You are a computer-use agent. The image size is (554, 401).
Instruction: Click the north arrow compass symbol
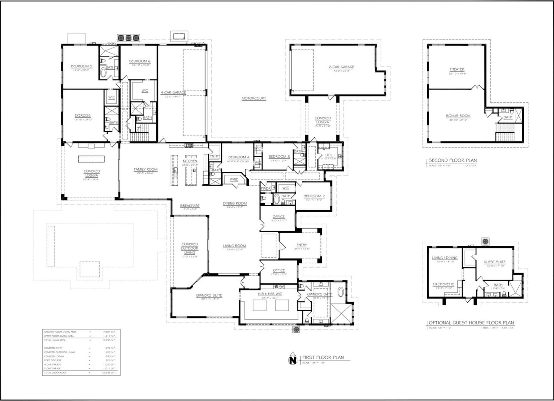pyautogui.click(x=293, y=359)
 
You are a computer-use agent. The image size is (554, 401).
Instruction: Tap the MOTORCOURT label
pyautogui.click(x=254, y=98)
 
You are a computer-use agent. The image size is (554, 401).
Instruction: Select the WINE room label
pyautogui.click(x=234, y=179)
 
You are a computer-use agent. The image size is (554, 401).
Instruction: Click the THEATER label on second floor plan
pyautogui.click(x=457, y=69)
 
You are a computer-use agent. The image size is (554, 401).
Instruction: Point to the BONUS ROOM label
pyautogui.click(x=458, y=116)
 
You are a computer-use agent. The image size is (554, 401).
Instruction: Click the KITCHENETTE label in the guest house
pyautogui.click(x=443, y=284)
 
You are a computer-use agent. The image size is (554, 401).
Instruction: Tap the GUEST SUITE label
pyautogui.click(x=495, y=262)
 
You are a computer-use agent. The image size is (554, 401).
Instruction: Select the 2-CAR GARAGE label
pyautogui.click(x=341, y=67)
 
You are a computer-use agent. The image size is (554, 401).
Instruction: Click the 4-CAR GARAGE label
pyautogui.click(x=173, y=93)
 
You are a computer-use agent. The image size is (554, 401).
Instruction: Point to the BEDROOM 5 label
pyautogui.click(x=82, y=66)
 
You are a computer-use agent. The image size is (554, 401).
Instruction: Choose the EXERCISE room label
pyautogui.click(x=83, y=115)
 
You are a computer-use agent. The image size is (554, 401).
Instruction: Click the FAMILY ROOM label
pyautogui.click(x=145, y=169)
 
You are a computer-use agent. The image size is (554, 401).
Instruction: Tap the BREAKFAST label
pyautogui.click(x=190, y=206)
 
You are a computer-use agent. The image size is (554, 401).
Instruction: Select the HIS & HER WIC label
pyautogui.click(x=270, y=294)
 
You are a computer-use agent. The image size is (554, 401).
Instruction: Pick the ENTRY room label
pyautogui.click(x=302, y=245)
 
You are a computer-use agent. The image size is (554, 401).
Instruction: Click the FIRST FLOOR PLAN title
pyautogui.click(x=323, y=357)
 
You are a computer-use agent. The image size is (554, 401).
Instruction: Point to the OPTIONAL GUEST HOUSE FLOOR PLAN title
pyautogui.click(x=471, y=323)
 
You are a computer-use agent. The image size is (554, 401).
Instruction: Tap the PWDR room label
pyautogui.click(x=265, y=188)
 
